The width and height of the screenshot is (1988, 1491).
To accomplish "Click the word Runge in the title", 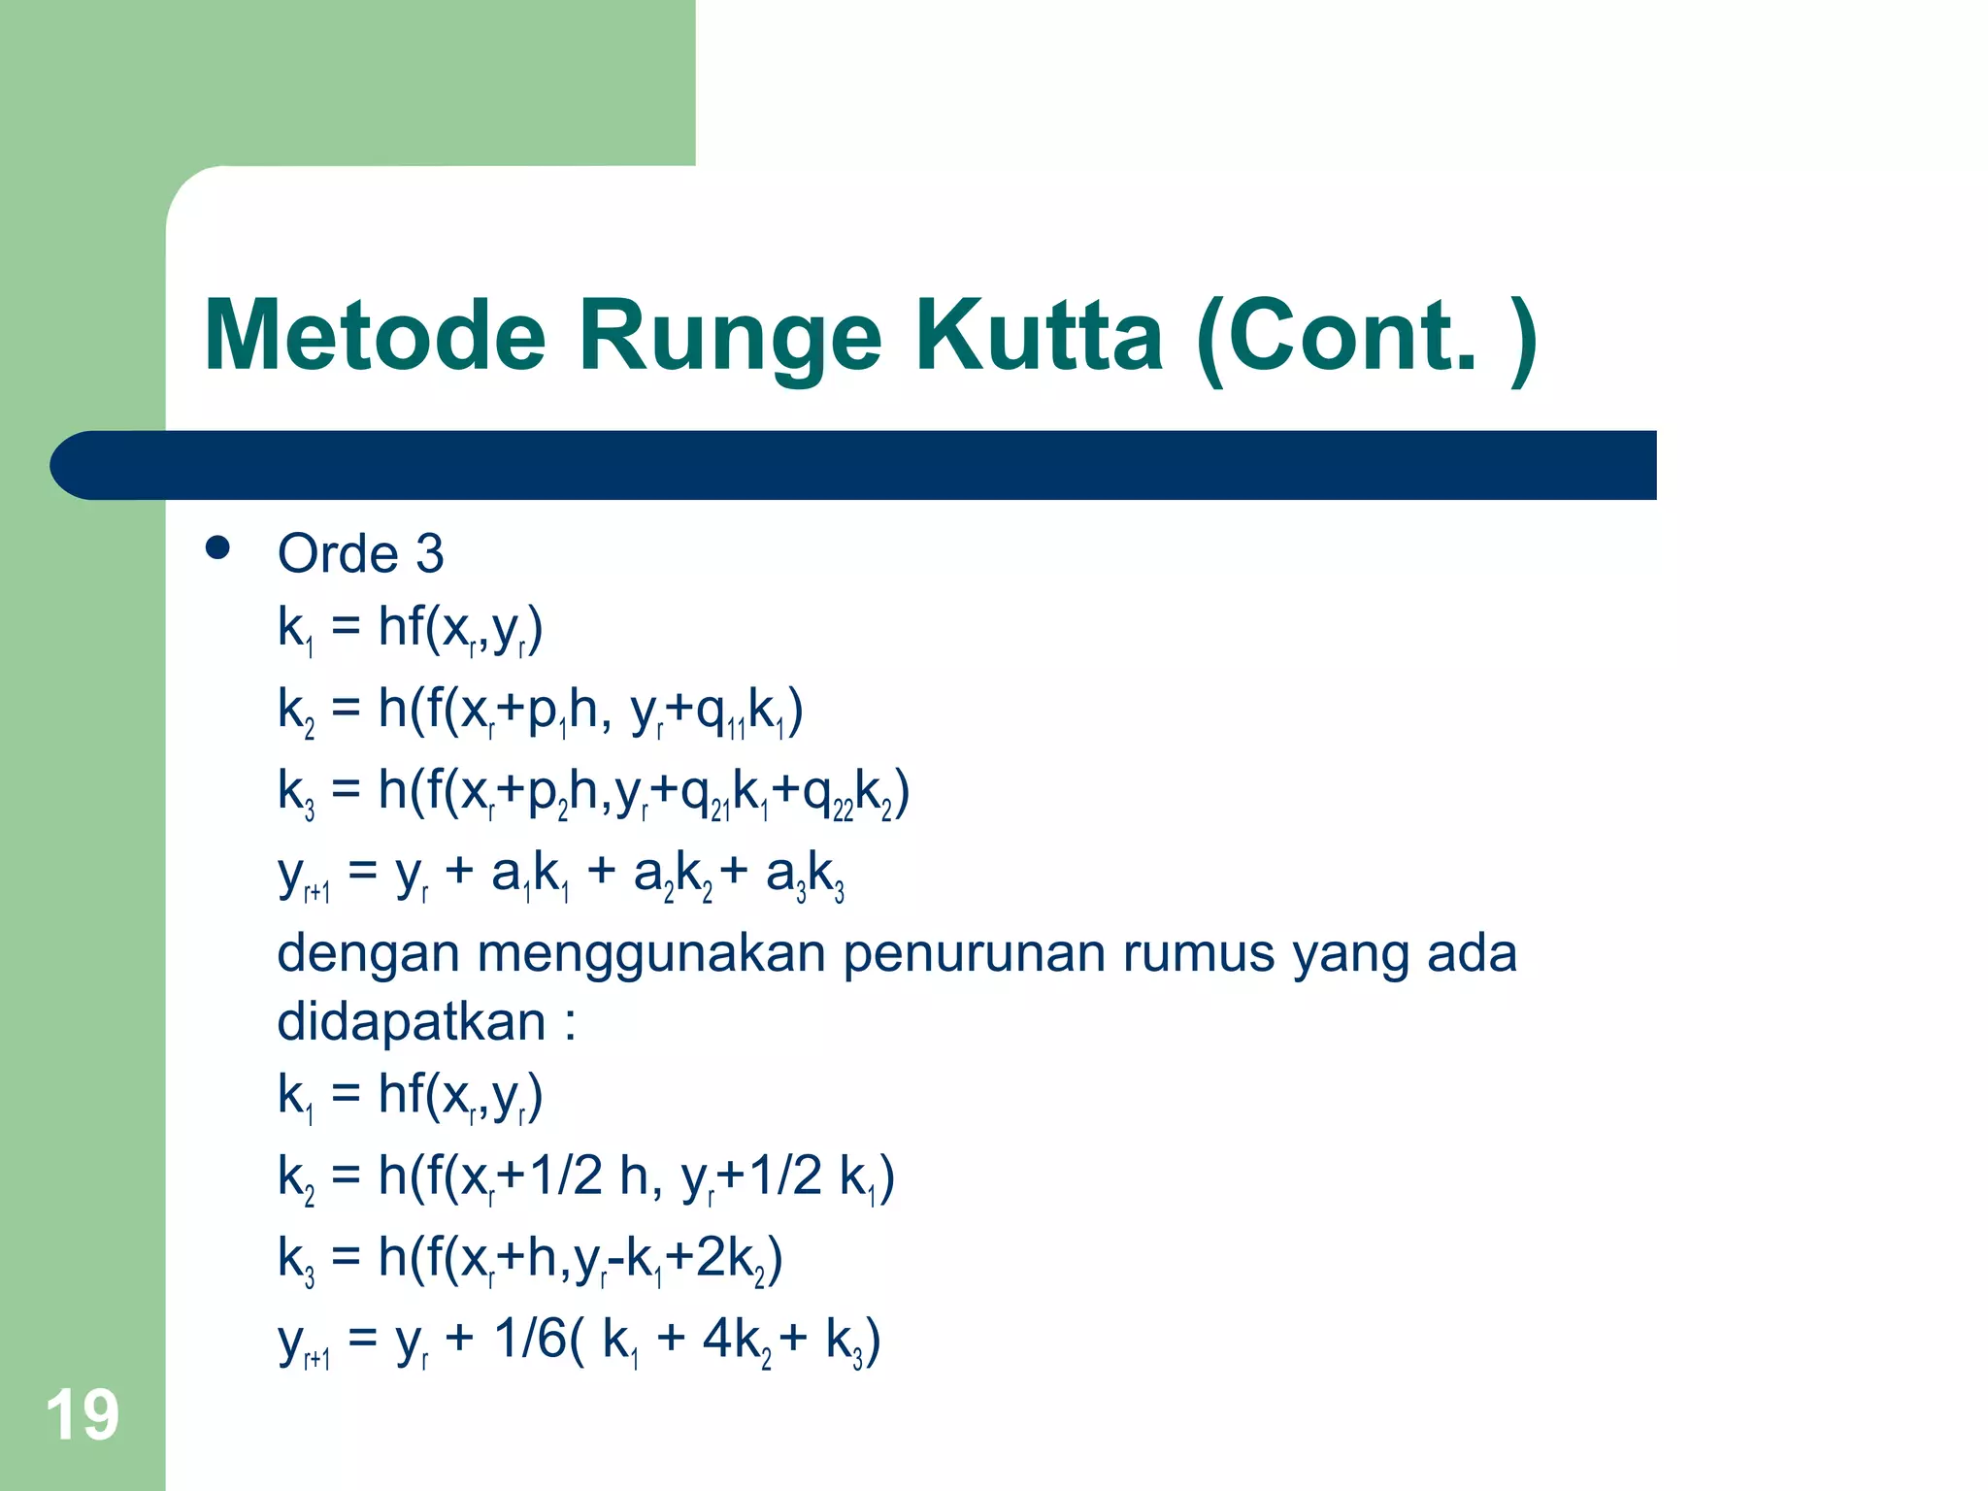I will pyautogui.click(x=730, y=336).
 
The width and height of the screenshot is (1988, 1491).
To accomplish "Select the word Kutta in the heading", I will pyautogui.click(x=1040, y=336).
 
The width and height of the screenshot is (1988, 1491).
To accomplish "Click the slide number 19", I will pyautogui.click(x=82, y=1415).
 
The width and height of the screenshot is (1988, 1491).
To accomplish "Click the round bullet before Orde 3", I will pyautogui.click(x=217, y=548).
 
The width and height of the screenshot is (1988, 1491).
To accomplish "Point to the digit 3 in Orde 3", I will pyautogui.click(x=429, y=554).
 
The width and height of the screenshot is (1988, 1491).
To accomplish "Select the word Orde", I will pyautogui.click(x=338, y=554).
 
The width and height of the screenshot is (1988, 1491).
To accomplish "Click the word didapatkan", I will pyautogui.click(x=412, y=1023).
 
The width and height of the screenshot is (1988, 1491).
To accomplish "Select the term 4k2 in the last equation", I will pyautogui.click(x=737, y=1342).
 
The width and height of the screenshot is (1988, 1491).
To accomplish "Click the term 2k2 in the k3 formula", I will pyautogui.click(x=729, y=1260).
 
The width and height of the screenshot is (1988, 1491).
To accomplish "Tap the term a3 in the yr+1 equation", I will pyautogui.click(x=784, y=876).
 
